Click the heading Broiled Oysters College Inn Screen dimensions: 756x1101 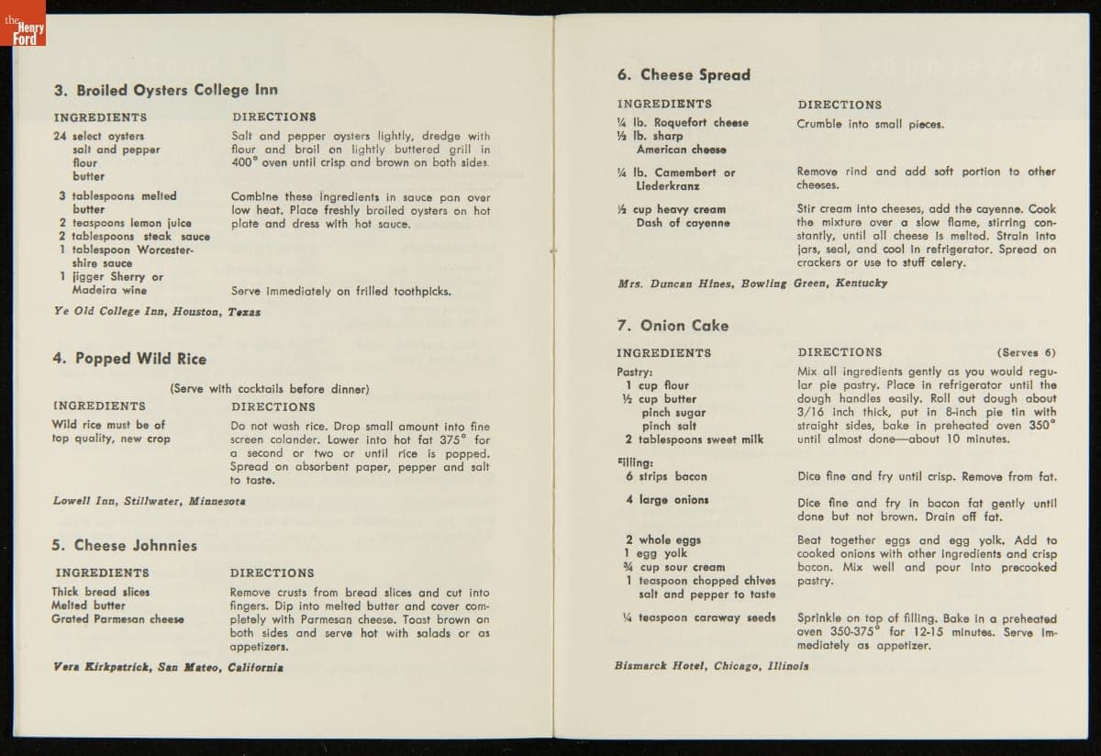tap(165, 90)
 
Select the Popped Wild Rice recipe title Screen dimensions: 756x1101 tap(129, 359)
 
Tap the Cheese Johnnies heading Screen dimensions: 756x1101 tap(124, 545)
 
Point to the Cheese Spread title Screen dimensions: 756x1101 tap(684, 75)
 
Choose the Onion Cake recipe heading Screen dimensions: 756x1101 tap(673, 326)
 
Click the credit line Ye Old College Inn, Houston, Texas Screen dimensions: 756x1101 tap(157, 312)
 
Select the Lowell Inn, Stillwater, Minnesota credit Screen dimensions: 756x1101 tap(149, 502)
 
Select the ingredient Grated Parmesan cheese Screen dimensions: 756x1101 tap(117, 619)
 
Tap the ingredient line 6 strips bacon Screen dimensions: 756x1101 tap(666, 477)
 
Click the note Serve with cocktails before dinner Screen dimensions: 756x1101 tap(270, 389)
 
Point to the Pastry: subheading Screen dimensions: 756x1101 tap(635, 372)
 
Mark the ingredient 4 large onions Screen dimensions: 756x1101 tap(667, 500)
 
